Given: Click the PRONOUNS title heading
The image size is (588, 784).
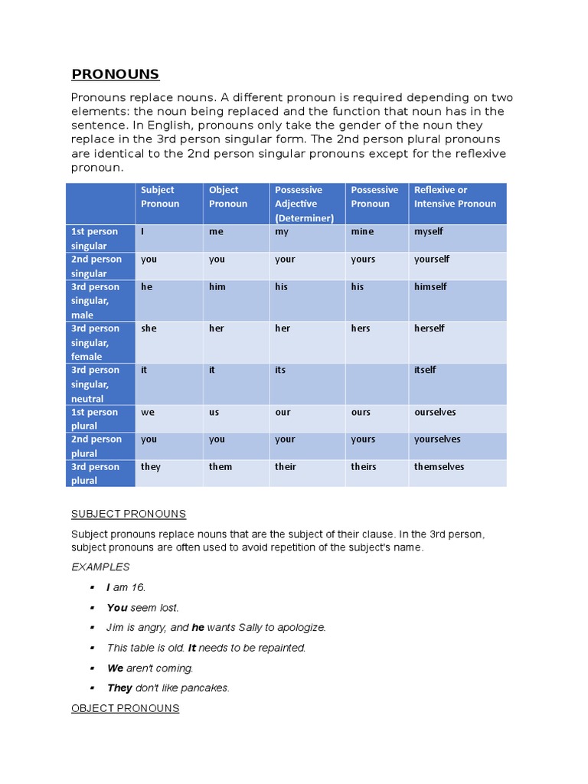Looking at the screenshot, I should click(x=115, y=74).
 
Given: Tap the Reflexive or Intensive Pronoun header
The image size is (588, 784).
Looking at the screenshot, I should click(x=455, y=197).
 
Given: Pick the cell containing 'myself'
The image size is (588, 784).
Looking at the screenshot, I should click(x=429, y=231).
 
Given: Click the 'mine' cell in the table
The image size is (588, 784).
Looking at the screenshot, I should click(x=362, y=231).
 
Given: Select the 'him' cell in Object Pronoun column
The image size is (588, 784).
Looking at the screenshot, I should click(x=217, y=286).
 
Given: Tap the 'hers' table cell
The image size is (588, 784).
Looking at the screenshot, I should click(x=361, y=328).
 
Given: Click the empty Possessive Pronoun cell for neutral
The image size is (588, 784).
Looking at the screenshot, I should click(x=377, y=384).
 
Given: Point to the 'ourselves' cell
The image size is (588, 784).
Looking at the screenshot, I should click(x=435, y=412).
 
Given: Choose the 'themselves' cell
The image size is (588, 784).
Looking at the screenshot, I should click(x=439, y=467).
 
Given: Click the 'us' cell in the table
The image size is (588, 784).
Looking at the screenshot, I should click(x=214, y=412).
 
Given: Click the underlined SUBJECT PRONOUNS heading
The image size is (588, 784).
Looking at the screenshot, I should click(x=129, y=514).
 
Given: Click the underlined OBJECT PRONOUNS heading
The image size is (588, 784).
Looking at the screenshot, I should click(x=125, y=708).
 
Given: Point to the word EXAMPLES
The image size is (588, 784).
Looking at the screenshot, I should click(x=100, y=567).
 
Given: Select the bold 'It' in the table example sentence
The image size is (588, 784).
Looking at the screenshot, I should click(x=192, y=648).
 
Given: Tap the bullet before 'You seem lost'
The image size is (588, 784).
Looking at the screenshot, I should click(x=92, y=607).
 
